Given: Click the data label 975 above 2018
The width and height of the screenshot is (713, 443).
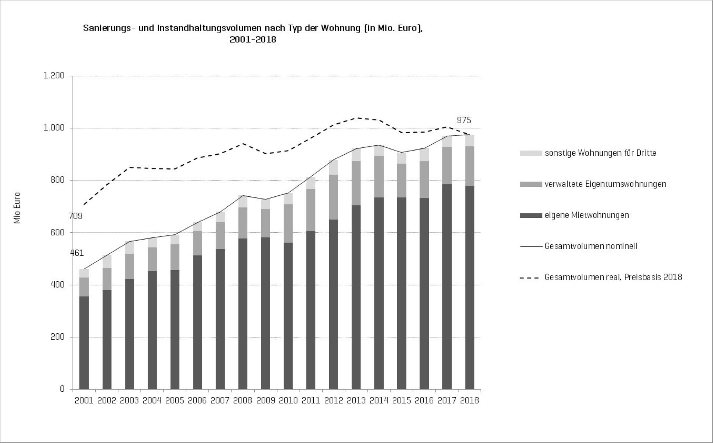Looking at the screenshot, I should tap(464, 120).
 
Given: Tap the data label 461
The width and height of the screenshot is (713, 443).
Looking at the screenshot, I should tap(77, 253).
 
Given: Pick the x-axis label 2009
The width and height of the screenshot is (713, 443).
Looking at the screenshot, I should tap(265, 401).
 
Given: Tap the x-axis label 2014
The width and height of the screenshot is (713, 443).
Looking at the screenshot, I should tap(379, 401).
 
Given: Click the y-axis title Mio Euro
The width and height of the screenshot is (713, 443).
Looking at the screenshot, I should tap(17, 208).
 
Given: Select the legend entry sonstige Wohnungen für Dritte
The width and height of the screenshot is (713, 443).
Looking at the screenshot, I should tap(600, 153).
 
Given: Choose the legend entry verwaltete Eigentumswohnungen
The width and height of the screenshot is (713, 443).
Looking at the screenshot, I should tap(605, 184).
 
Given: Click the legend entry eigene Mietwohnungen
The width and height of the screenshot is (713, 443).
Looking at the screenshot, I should tap(587, 215).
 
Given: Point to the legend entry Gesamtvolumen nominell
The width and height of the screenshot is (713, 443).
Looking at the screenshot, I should tap(591, 246).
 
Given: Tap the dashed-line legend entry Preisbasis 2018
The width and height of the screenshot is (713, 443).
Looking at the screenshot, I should tap(613, 277).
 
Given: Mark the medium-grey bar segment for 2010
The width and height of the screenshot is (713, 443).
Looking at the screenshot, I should tap(288, 223).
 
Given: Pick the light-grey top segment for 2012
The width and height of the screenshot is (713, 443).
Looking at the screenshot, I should tap(334, 167).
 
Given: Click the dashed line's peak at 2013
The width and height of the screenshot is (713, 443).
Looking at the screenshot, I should tap(356, 118).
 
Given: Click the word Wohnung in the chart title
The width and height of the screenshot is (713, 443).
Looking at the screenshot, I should tap(341, 28).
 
